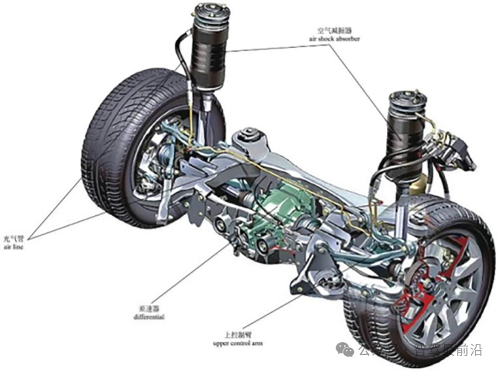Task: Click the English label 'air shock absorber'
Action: pos(335,39)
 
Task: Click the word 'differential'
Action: pos(148,317)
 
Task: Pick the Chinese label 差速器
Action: pos(149,309)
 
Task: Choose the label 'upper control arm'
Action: pos(238,343)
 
